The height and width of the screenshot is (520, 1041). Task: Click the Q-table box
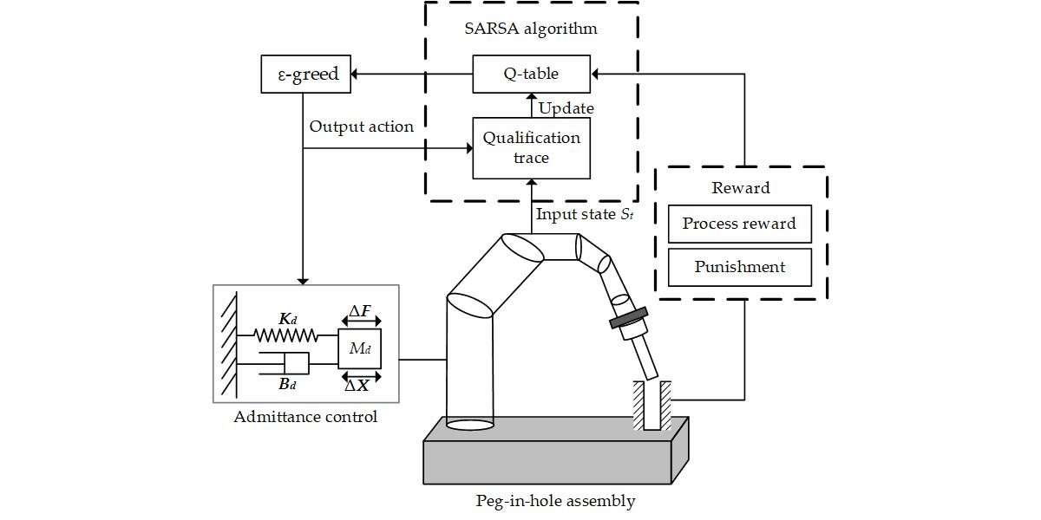pos(531,74)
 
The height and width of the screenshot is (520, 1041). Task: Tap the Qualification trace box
pos(531,147)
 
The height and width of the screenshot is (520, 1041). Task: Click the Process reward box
pos(739,224)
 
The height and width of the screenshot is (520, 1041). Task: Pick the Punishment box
pos(739,267)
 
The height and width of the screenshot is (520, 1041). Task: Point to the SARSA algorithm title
pos(531,29)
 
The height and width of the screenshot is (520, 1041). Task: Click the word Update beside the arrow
pos(566,108)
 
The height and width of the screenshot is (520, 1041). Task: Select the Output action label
pos(361,127)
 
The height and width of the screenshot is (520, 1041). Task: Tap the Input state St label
pos(584,214)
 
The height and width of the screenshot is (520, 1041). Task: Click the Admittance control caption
pos(305,417)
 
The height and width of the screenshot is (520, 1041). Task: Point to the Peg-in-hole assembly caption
pos(555,501)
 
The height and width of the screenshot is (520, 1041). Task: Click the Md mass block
pos(359,349)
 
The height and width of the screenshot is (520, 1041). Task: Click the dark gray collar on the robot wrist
pos(629,319)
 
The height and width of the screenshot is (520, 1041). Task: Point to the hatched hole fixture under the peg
pos(651,406)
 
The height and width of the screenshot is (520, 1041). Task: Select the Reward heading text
pos(740,188)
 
